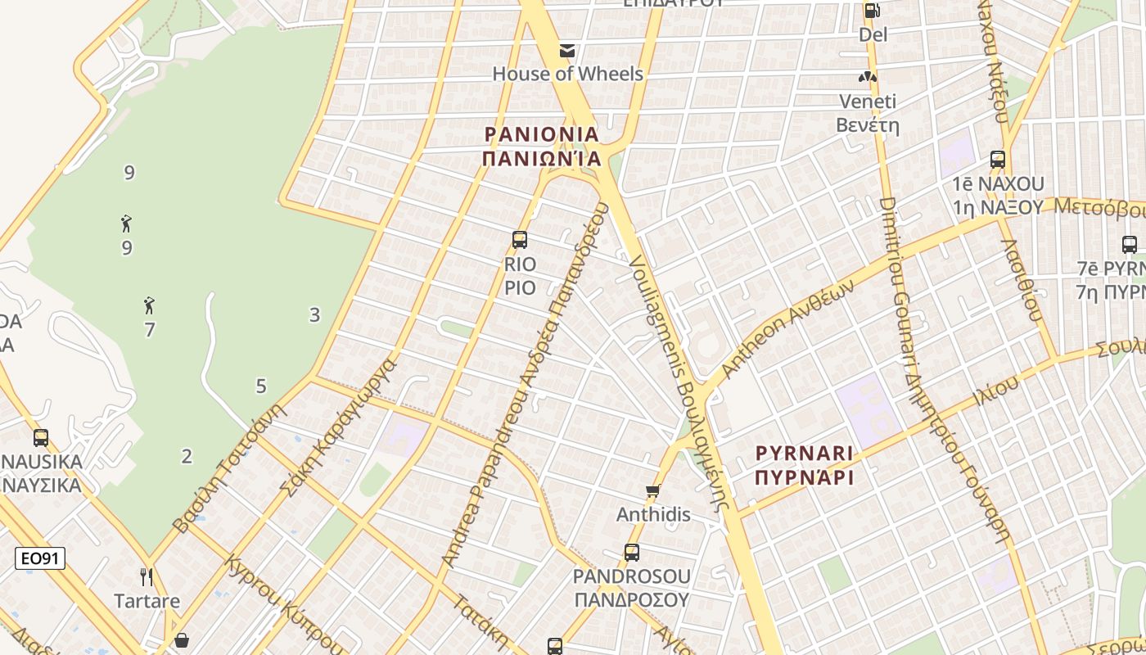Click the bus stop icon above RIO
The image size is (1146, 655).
[520, 240]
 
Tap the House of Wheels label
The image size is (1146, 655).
[567, 74]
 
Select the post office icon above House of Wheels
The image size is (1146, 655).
[566, 51]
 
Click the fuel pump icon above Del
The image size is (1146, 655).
[873, 11]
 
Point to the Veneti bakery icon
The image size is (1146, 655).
[867, 77]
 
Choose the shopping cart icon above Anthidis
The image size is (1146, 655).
[652, 491]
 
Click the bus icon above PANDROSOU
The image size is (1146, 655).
[631, 552]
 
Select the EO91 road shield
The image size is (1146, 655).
[40, 558]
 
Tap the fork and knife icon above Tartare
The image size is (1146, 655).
[147, 577]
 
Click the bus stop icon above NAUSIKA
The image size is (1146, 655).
[41, 438]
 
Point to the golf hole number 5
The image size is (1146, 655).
[261, 386]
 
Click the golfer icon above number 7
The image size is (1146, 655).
[148, 306]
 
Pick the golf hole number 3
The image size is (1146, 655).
[314, 314]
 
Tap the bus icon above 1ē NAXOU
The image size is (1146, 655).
[997, 160]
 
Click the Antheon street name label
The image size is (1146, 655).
[787, 327]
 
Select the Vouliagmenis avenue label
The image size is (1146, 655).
[678, 381]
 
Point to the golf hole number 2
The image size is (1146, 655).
[187, 457]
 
